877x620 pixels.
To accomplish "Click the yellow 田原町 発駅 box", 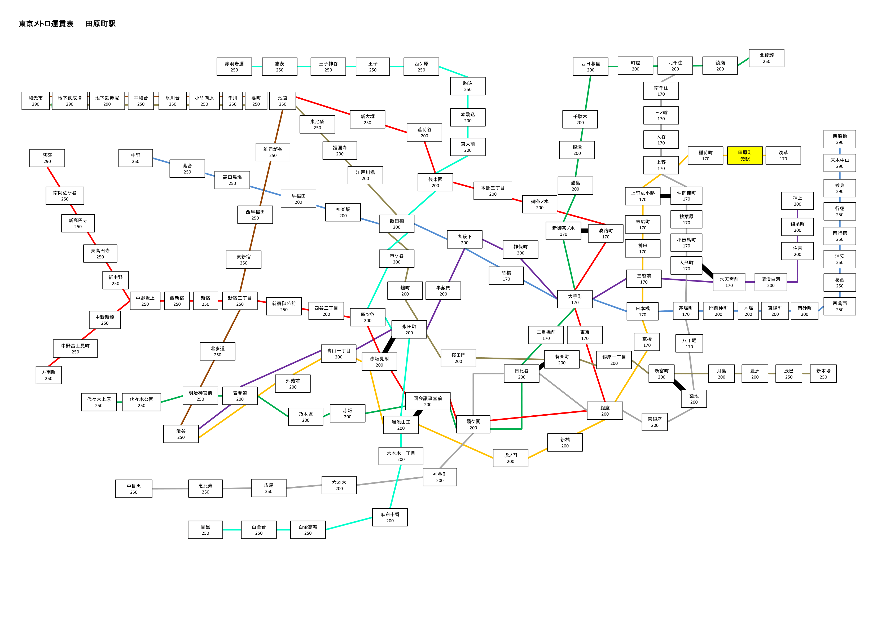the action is click(744, 156).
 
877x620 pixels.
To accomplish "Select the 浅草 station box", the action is click(783, 156).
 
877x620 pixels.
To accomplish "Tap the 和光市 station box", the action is click(36, 101).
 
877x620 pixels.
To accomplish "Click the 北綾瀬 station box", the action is click(766, 58).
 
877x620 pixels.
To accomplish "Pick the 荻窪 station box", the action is click(47, 158).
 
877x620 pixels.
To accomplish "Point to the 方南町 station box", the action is click(49, 375).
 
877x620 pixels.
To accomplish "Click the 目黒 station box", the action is click(205, 530).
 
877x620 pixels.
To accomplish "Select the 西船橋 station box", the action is click(840, 139).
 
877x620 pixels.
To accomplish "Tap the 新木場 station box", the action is click(823, 373).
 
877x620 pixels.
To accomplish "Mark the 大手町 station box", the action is click(575, 299).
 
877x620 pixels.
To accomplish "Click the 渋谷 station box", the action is click(181, 434).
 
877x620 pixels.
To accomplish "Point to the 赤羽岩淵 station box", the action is click(234, 67).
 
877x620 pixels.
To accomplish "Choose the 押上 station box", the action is click(797, 201).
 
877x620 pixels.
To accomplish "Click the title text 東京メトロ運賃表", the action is click(46, 24).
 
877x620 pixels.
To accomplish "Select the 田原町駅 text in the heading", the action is click(100, 24).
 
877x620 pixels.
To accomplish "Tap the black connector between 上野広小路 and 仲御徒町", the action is click(665, 196).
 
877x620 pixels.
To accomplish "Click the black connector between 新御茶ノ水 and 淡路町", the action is click(584, 231).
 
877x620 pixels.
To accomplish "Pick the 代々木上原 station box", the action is click(99, 402).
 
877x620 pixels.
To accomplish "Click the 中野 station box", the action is click(135, 158).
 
